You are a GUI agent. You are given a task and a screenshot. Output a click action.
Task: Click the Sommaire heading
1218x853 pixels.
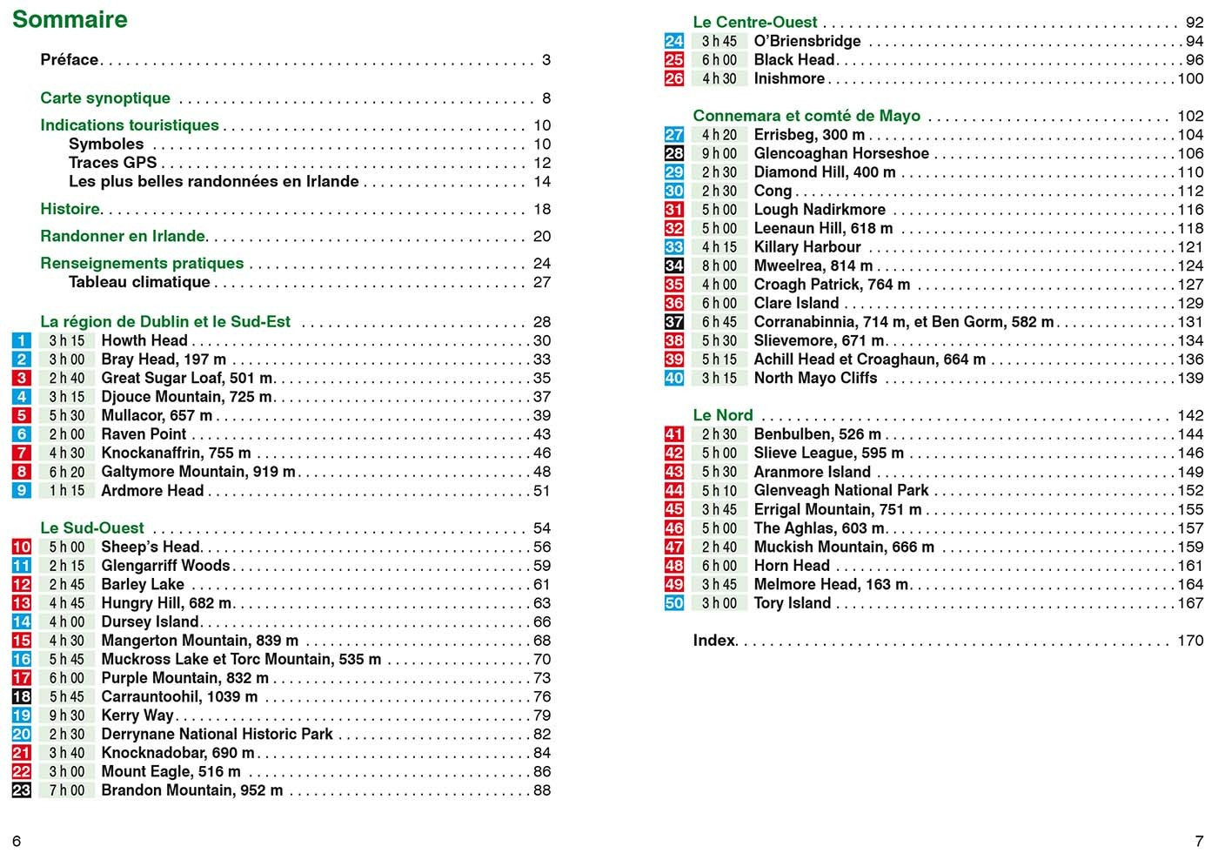pyautogui.click(x=70, y=20)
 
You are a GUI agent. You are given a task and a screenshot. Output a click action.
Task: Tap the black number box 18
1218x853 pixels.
pyautogui.click(x=22, y=696)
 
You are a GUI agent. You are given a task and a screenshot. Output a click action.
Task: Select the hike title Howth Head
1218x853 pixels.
pyautogui.click(x=144, y=340)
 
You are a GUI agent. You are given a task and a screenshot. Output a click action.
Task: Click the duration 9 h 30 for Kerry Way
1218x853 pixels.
pyautogui.click(x=67, y=715)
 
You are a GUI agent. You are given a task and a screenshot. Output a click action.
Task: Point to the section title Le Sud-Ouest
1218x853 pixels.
pyautogui.click(x=92, y=527)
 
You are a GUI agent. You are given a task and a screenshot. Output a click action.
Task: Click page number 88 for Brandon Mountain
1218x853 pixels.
pyautogui.click(x=542, y=790)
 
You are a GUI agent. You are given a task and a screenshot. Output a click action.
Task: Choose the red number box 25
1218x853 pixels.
pyautogui.click(x=674, y=60)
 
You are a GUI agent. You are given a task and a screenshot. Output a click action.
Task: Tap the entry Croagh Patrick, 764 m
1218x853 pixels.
pyautogui.click(x=832, y=285)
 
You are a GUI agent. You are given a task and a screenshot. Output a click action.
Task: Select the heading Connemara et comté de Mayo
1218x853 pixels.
pyautogui.click(x=806, y=116)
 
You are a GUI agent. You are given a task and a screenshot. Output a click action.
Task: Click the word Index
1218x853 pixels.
pyautogui.click(x=714, y=641)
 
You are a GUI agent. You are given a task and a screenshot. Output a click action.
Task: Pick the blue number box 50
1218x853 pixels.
pyautogui.click(x=674, y=603)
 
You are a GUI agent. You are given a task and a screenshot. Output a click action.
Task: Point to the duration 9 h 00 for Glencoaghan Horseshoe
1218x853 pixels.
pyautogui.click(x=719, y=154)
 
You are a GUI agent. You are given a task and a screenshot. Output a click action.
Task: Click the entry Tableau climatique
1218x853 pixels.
pyautogui.click(x=139, y=282)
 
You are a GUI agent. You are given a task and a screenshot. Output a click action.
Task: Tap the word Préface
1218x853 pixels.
pyautogui.click(x=70, y=60)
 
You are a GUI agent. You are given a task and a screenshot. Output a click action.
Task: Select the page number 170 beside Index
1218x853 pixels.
pyautogui.click(x=1190, y=641)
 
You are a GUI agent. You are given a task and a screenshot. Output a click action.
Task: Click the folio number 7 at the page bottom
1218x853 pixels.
pyautogui.click(x=1199, y=840)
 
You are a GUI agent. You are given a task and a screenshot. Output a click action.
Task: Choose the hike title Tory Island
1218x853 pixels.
pyautogui.click(x=793, y=603)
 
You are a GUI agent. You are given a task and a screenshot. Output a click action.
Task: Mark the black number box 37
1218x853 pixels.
pyautogui.click(x=674, y=322)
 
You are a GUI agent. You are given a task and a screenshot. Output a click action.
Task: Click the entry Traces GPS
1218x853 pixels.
pyautogui.click(x=113, y=163)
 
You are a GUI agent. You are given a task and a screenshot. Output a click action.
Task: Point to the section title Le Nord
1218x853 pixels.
pyautogui.click(x=723, y=415)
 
